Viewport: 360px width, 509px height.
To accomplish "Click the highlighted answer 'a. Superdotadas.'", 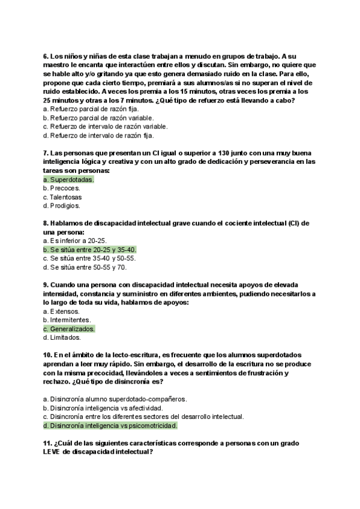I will [x=69, y=179].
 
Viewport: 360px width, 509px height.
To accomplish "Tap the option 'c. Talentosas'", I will [x=62, y=197].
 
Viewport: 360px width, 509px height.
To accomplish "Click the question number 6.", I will [x=46, y=56].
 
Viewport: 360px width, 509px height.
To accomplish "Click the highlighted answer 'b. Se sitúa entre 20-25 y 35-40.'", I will [x=90, y=250].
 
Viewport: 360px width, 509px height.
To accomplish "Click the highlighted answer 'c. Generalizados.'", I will [x=69, y=329].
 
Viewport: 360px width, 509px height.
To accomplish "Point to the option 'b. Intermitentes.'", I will [x=67, y=320].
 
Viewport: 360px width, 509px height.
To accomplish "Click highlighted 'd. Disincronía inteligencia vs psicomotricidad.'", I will [x=110, y=426].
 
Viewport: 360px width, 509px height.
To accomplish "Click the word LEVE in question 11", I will [x=54, y=453].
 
